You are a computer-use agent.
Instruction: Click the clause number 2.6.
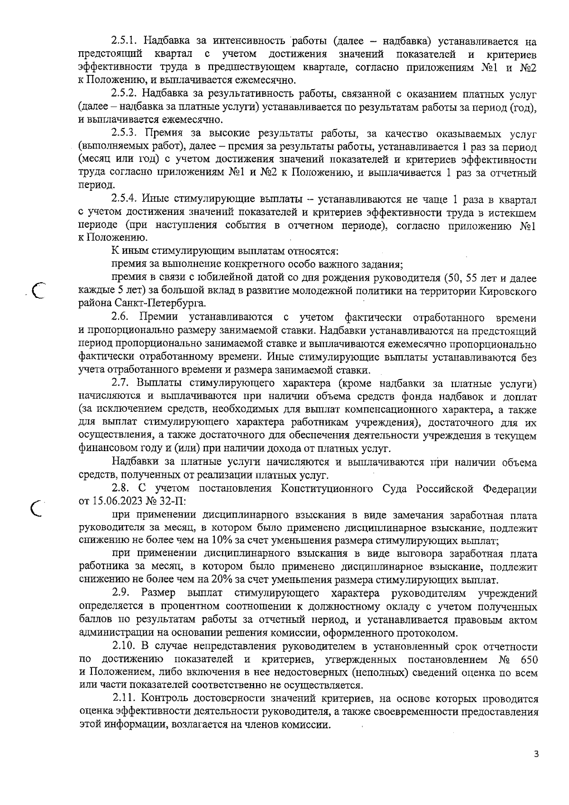[121, 317]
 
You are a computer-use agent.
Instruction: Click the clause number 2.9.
[121, 593]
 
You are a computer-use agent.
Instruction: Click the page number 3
[536, 754]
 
